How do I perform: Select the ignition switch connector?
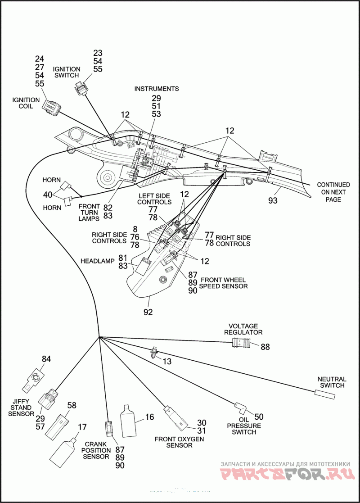[81, 87]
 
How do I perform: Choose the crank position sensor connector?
[109, 429]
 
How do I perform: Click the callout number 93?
[273, 200]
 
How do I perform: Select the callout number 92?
[148, 312]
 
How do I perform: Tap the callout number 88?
[265, 347]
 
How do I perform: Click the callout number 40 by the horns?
[48, 195]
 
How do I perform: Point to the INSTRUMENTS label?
[157, 89]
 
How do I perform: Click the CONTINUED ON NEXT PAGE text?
[333, 192]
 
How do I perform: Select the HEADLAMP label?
[98, 261]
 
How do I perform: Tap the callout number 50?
[259, 417]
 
